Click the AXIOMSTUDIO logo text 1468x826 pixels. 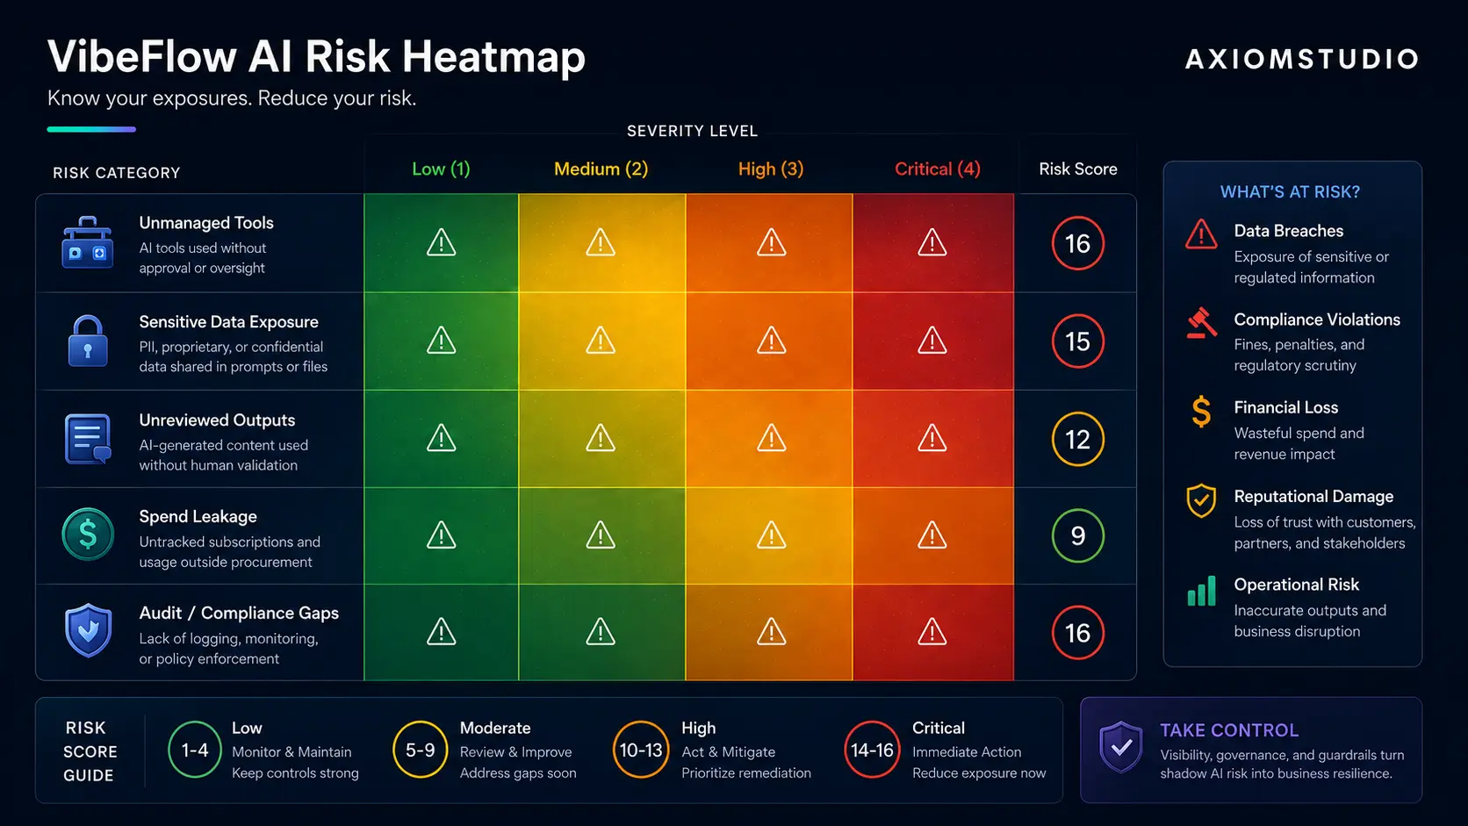click(1301, 59)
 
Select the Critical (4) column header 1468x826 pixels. click(937, 169)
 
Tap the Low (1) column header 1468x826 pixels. click(441, 169)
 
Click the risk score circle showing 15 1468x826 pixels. click(1078, 341)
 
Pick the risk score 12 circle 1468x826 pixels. click(1078, 439)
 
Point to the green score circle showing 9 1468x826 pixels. click(1078, 535)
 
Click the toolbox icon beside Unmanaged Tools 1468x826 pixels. click(87, 243)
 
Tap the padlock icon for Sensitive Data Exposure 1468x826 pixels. click(87, 341)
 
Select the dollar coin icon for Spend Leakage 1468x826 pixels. click(88, 535)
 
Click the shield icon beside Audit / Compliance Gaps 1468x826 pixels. click(88, 630)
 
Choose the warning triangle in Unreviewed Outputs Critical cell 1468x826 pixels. click(932, 437)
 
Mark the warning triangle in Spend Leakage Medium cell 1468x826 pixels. click(601, 535)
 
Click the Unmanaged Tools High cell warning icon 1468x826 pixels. click(772, 242)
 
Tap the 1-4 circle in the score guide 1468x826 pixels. click(195, 750)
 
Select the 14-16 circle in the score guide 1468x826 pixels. click(872, 750)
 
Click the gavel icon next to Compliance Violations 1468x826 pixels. click(1202, 323)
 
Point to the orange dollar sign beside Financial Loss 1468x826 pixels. click(1201, 412)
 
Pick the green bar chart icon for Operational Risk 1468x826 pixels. click(1201, 591)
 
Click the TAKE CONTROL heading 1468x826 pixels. click(1229, 730)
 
